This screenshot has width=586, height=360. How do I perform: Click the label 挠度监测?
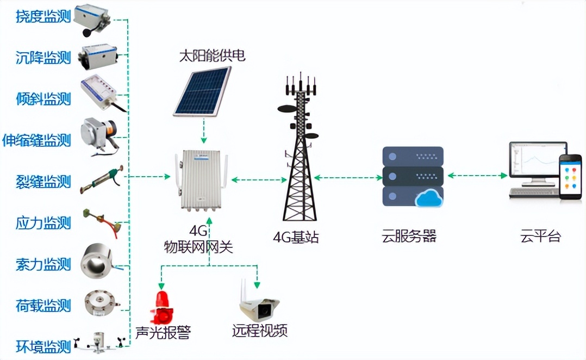pyautogui.click(x=43, y=17)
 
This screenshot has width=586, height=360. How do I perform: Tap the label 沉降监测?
pyautogui.click(x=43, y=58)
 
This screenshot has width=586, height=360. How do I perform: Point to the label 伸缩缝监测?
pyautogui.click(x=36, y=140)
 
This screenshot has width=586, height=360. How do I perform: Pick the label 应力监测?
pyautogui.click(x=43, y=222)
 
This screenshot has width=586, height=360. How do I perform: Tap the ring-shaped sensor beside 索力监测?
pyautogui.click(x=98, y=262)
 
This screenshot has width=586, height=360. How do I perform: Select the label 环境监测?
pyautogui.click(x=43, y=346)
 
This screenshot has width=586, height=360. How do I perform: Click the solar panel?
pyautogui.click(x=203, y=91)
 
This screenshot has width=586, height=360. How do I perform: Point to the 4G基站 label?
pyautogui.click(x=296, y=237)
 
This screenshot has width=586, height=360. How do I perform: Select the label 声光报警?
pyautogui.click(x=163, y=331)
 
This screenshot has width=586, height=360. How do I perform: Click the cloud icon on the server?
pyautogui.click(x=429, y=199)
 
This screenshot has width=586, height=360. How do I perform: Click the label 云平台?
pyautogui.click(x=540, y=237)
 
